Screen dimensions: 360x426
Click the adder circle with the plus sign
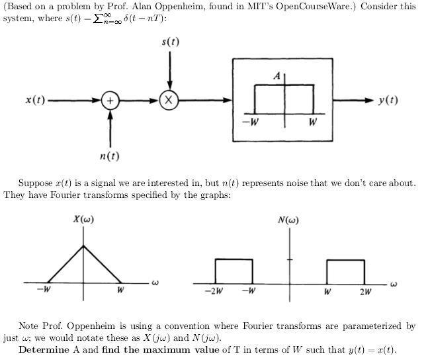(110, 101)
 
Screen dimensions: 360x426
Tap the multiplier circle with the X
(169, 101)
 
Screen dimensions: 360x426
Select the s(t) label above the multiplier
(170, 42)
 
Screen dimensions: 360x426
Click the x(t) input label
(35, 101)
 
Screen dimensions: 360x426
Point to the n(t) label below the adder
(109, 156)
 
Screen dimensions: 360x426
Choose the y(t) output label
(388, 101)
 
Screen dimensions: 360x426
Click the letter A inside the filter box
(277, 77)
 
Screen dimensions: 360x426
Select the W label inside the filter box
(312, 122)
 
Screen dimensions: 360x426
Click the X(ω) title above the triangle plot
(83, 220)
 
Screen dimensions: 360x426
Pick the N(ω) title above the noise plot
(288, 220)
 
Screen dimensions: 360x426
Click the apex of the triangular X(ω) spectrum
(83, 246)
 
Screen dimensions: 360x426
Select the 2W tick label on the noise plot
(365, 292)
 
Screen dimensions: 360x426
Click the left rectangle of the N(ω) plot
(234, 270)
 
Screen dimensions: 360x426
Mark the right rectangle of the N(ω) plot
(345, 270)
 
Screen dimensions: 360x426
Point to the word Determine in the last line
(42, 350)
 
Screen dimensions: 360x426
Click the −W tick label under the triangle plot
(44, 290)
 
